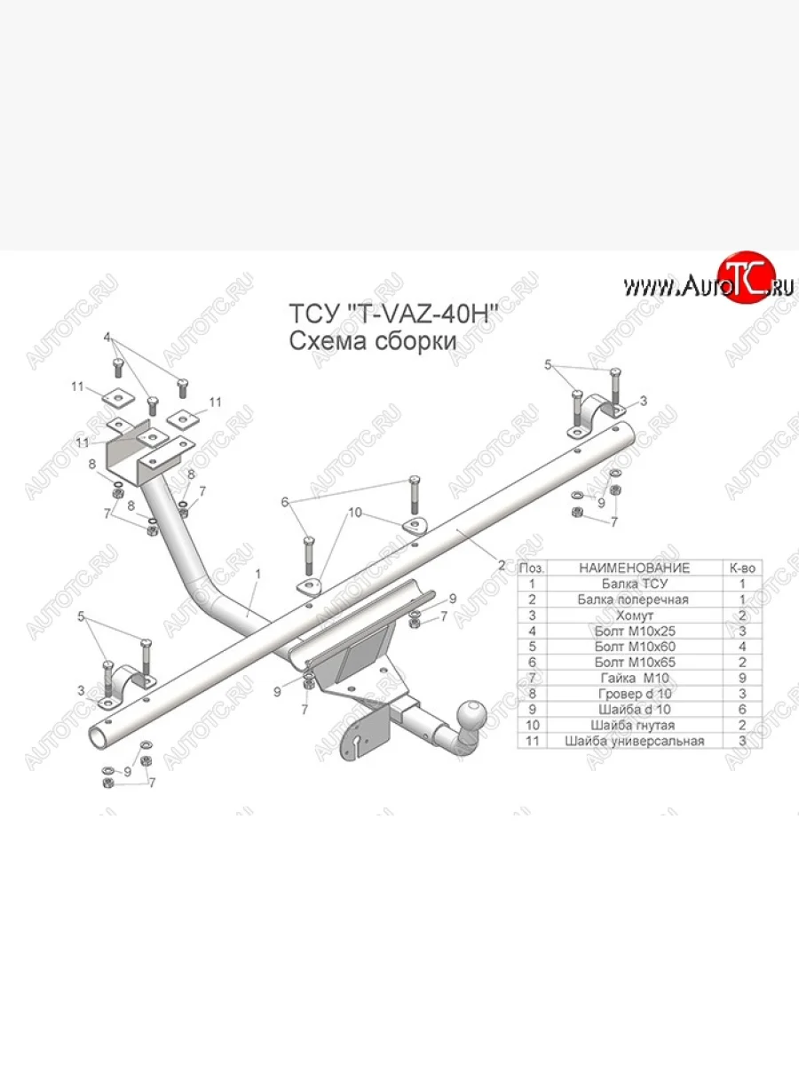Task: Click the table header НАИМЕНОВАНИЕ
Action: (x=633, y=568)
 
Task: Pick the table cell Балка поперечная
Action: (x=633, y=600)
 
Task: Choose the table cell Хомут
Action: (x=633, y=615)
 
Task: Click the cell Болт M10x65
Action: (x=633, y=662)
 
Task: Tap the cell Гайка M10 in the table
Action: (x=633, y=678)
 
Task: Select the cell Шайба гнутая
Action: (x=633, y=725)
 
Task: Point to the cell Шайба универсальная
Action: (x=633, y=741)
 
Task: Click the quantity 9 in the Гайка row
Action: (x=741, y=678)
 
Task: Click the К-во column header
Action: (x=741, y=568)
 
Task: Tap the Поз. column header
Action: (x=532, y=568)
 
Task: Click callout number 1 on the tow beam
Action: (x=258, y=575)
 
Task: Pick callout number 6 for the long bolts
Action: (x=285, y=502)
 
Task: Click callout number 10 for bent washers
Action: (x=355, y=513)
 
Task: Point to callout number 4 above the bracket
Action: (x=107, y=338)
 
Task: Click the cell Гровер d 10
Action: (x=633, y=694)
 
